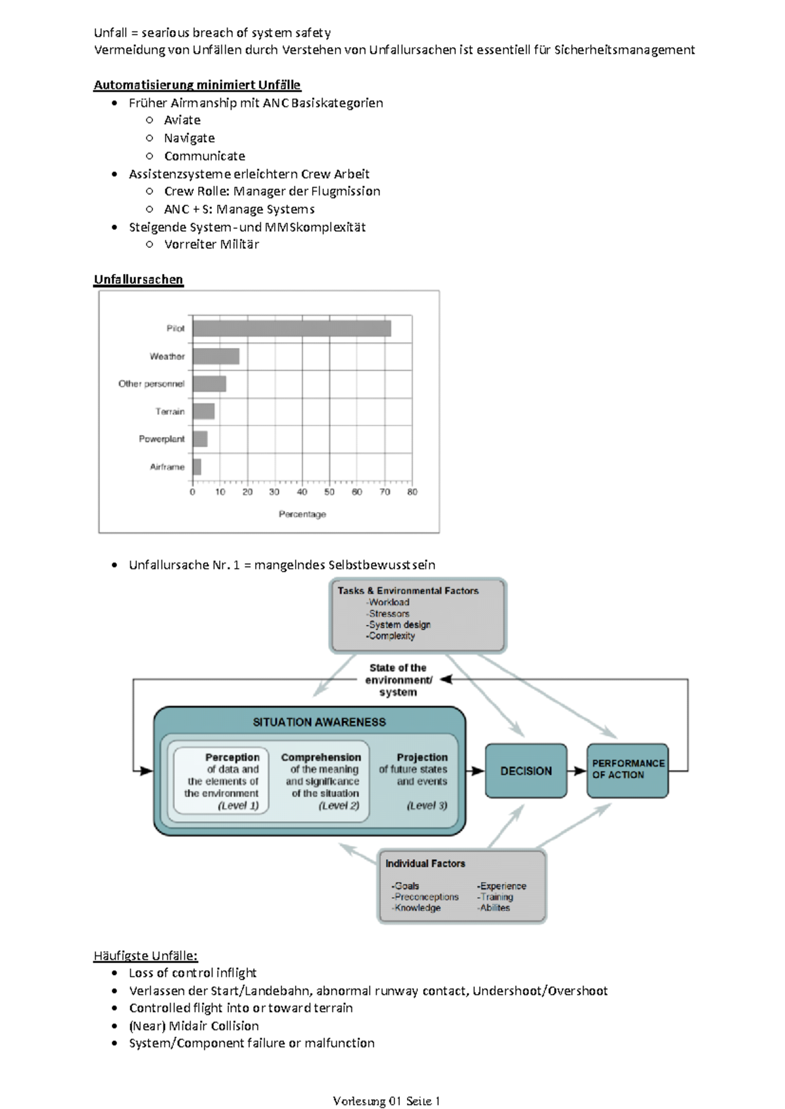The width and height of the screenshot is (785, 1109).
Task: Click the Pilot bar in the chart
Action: [x=292, y=328]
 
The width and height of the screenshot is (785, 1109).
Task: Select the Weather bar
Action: [x=216, y=356]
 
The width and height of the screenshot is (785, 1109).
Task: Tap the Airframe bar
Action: [x=197, y=467]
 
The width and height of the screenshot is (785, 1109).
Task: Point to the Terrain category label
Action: [x=170, y=411]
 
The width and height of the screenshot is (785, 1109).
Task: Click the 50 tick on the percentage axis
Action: [x=330, y=492]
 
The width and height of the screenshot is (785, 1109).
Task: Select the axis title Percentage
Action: [x=302, y=515]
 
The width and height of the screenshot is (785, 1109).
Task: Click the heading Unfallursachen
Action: [x=138, y=279]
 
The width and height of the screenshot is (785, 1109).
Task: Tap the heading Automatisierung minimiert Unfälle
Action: [x=197, y=84]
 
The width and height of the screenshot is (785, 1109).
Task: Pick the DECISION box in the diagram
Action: [x=526, y=771]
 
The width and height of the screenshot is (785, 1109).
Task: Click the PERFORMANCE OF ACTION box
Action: [x=627, y=770]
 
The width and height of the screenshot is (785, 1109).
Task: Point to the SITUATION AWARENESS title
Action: [x=319, y=722]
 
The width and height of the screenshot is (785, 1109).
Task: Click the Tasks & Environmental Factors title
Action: [x=408, y=590]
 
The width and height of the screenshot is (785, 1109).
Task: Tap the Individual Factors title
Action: [x=425, y=864]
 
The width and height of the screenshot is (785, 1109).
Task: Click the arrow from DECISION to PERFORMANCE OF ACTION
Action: [x=576, y=771]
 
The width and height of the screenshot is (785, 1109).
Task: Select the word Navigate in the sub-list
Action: [x=189, y=138]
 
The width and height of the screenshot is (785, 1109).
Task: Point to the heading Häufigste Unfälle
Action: [x=145, y=955]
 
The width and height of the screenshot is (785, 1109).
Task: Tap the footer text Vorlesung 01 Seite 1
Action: [x=387, y=1101]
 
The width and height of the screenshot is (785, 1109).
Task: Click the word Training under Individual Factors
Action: [x=497, y=897]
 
